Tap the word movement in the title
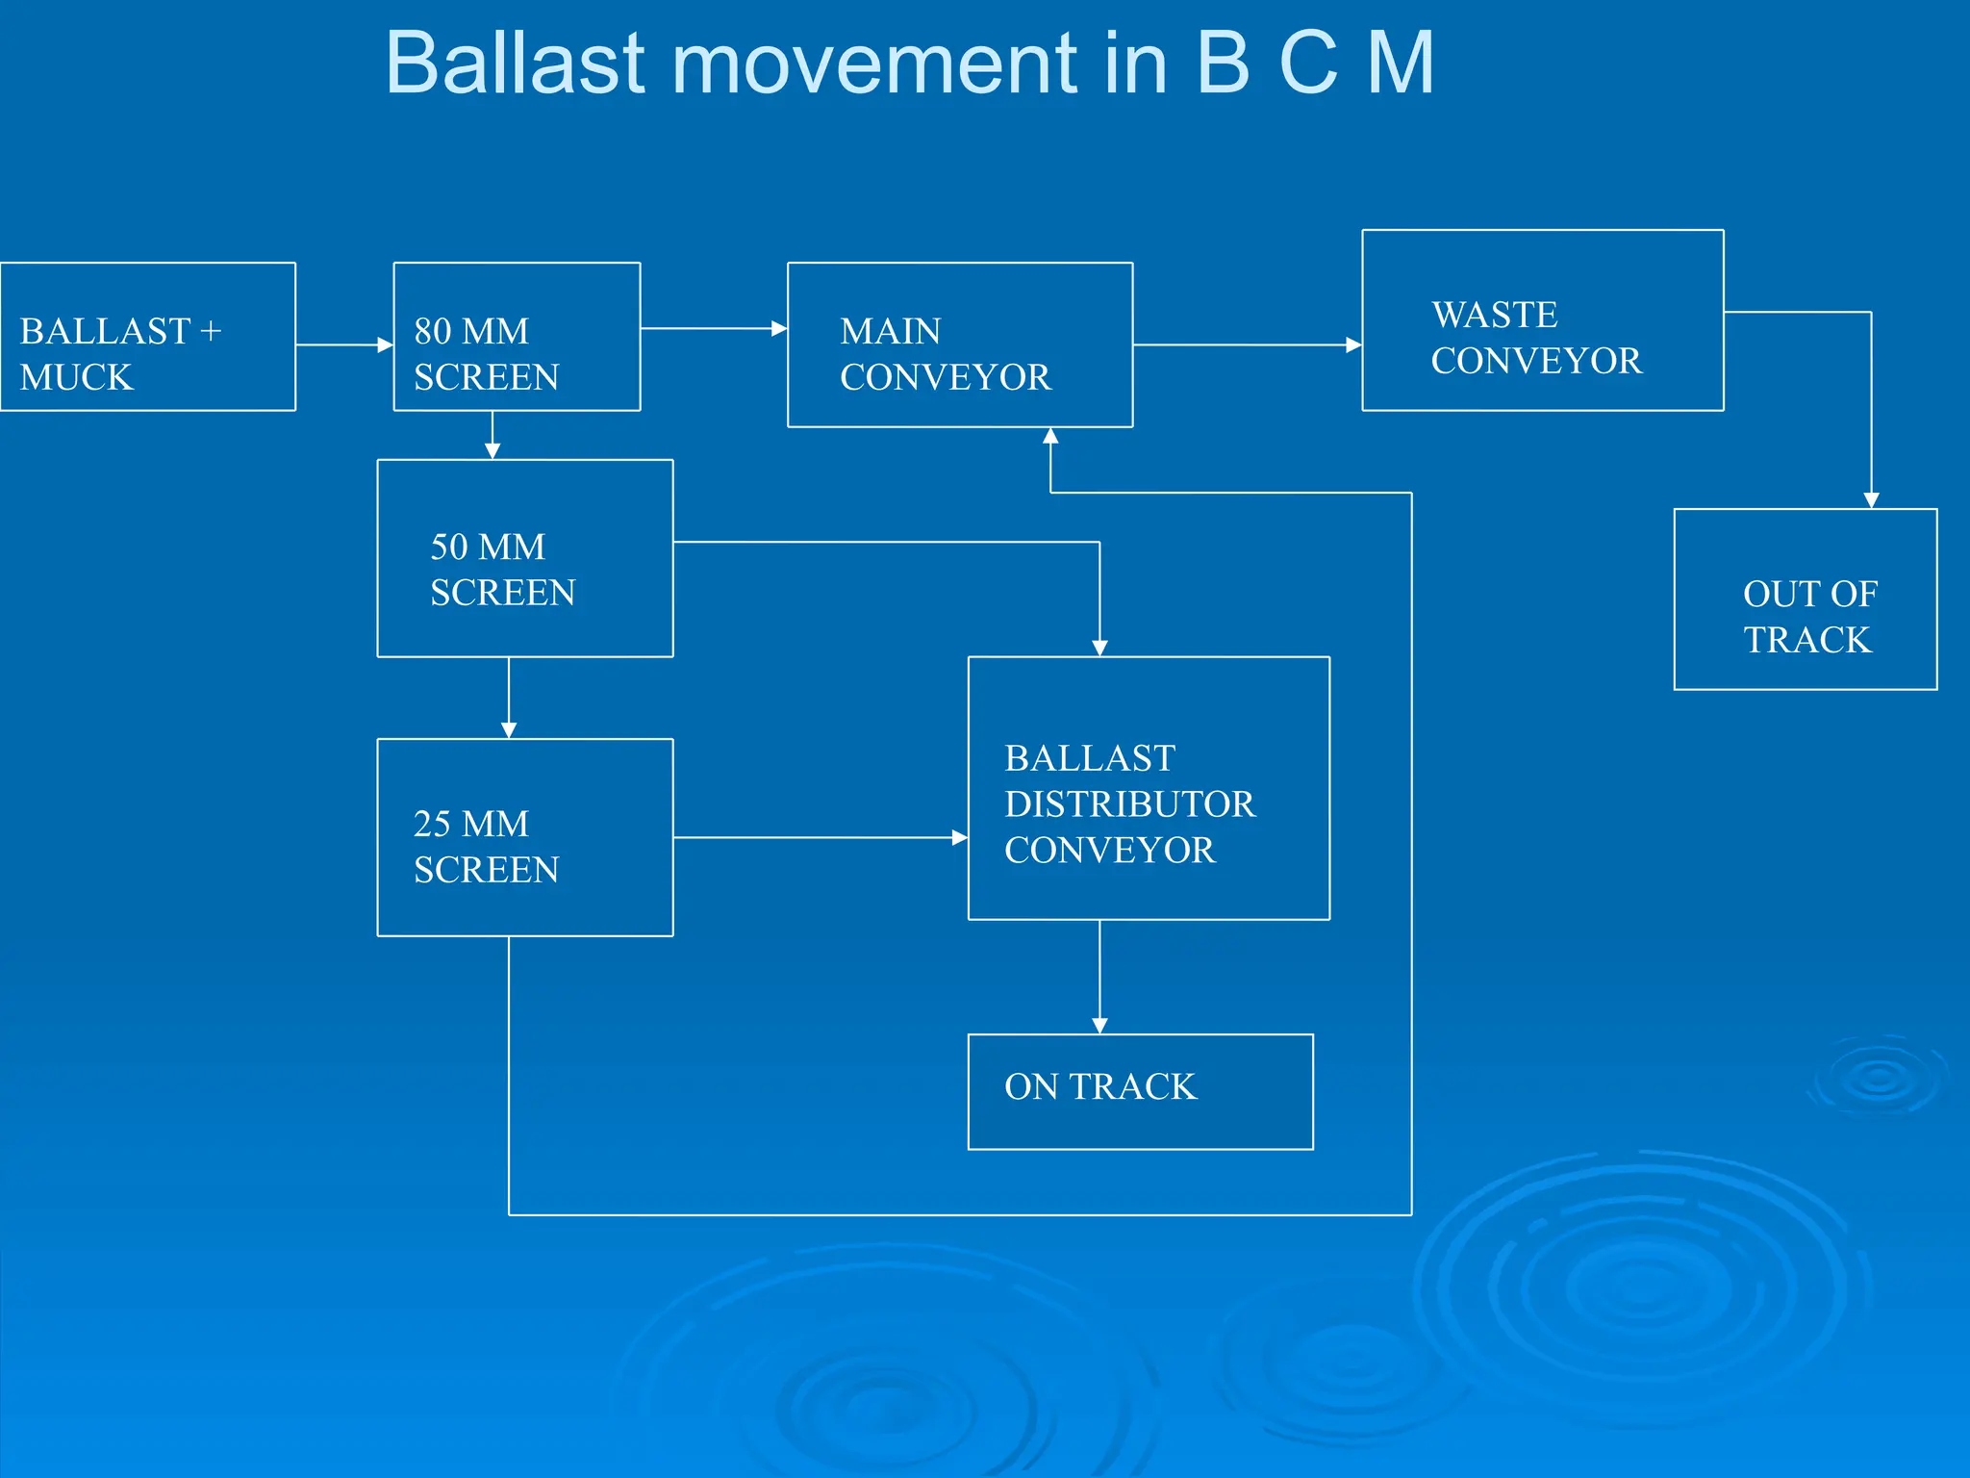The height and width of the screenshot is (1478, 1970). point(875,65)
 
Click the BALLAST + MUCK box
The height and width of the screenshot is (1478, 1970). point(147,338)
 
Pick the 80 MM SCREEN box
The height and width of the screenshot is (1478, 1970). point(517,338)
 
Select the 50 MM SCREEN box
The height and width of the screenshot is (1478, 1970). point(524,559)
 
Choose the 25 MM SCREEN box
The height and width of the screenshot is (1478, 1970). point(524,838)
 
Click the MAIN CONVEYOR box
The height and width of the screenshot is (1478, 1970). point(959,345)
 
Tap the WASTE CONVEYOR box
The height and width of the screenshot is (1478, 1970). point(1542,320)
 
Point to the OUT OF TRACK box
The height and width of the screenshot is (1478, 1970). point(1805,599)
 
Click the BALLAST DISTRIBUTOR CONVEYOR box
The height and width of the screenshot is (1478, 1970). point(1149,789)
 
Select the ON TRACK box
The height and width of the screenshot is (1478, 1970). point(1140,1092)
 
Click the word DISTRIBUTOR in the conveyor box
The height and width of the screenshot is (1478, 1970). point(1129,804)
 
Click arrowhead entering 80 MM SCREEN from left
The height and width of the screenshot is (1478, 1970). point(386,344)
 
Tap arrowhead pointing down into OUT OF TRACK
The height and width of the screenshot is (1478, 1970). point(1871,500)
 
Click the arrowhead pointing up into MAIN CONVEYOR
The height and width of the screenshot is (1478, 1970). point(1050,436)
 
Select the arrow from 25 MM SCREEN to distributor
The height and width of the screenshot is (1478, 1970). point(818,838)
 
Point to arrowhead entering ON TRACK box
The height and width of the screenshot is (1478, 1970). point(1099,1026)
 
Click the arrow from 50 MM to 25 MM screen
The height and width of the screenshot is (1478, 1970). point(509,698)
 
